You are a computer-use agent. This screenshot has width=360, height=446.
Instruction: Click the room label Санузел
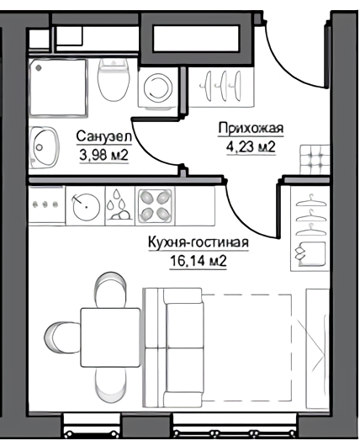pyautogui.click(x=103, y=136)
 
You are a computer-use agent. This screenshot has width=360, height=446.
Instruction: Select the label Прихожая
pyautogui.click(x=251, y=129)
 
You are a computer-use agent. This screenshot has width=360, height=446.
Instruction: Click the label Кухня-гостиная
pyautogui.click(x=199, y=243)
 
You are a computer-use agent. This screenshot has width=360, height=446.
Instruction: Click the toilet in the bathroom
pyautogui.click(x=111, y=82)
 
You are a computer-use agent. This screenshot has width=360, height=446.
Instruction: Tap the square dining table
pyautogui.click(x=109, y=336)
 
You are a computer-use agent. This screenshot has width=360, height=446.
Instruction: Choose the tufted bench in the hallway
pyautogui.click(x=316, y=157)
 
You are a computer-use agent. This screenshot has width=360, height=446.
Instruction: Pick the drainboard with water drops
pyautogui.click(x=117, y=204)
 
